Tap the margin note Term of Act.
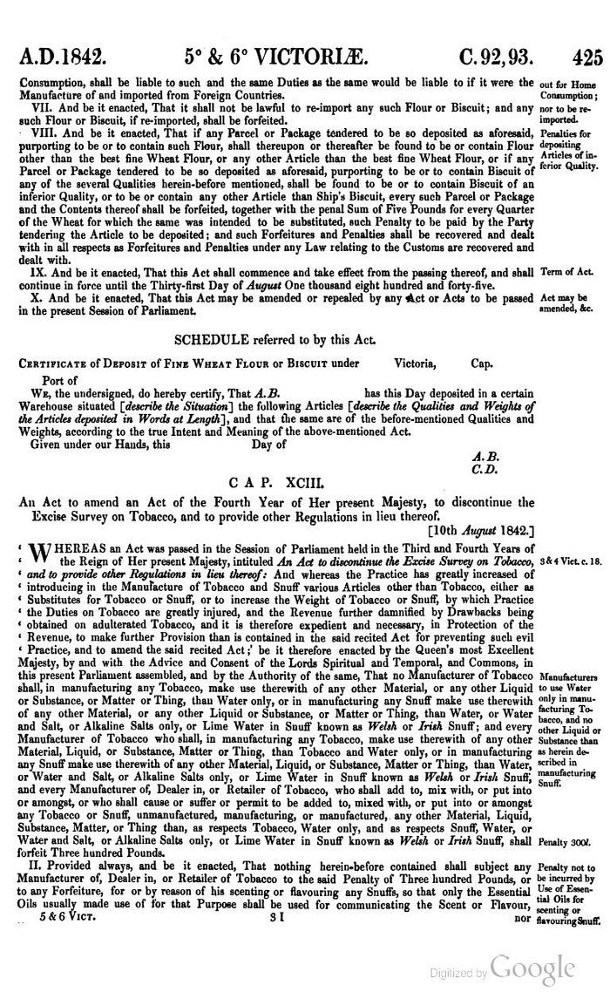(x=567, y=271)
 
